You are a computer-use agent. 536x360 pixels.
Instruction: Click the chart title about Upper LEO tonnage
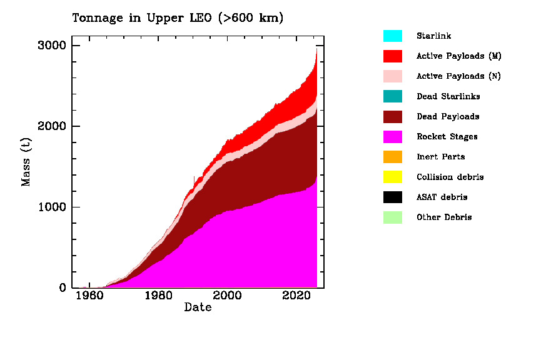click(178, 18)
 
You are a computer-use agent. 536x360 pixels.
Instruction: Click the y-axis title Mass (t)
click(26, 162)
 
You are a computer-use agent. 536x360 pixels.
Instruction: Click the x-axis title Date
click(198, 307)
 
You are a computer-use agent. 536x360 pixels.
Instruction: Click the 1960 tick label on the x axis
click(89, 296)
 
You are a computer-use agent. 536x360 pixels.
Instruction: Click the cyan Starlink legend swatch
click(393, 36)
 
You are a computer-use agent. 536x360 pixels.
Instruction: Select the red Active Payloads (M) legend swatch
click(393, 56)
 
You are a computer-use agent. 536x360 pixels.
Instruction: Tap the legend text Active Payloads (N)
click(458, 76)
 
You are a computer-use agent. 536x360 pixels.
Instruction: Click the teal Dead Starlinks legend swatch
click(393, 96)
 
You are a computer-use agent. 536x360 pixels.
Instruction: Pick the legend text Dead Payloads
click(448, 117)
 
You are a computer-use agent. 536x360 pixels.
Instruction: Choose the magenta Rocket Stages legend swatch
click(393, 136)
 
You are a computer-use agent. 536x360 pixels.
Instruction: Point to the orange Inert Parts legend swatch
click(393, 157)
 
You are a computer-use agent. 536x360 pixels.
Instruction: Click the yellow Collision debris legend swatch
click(393, 177)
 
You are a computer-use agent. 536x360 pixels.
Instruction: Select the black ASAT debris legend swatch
click(393, 197)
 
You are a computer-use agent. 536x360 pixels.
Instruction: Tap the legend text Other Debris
click(444, 217)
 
